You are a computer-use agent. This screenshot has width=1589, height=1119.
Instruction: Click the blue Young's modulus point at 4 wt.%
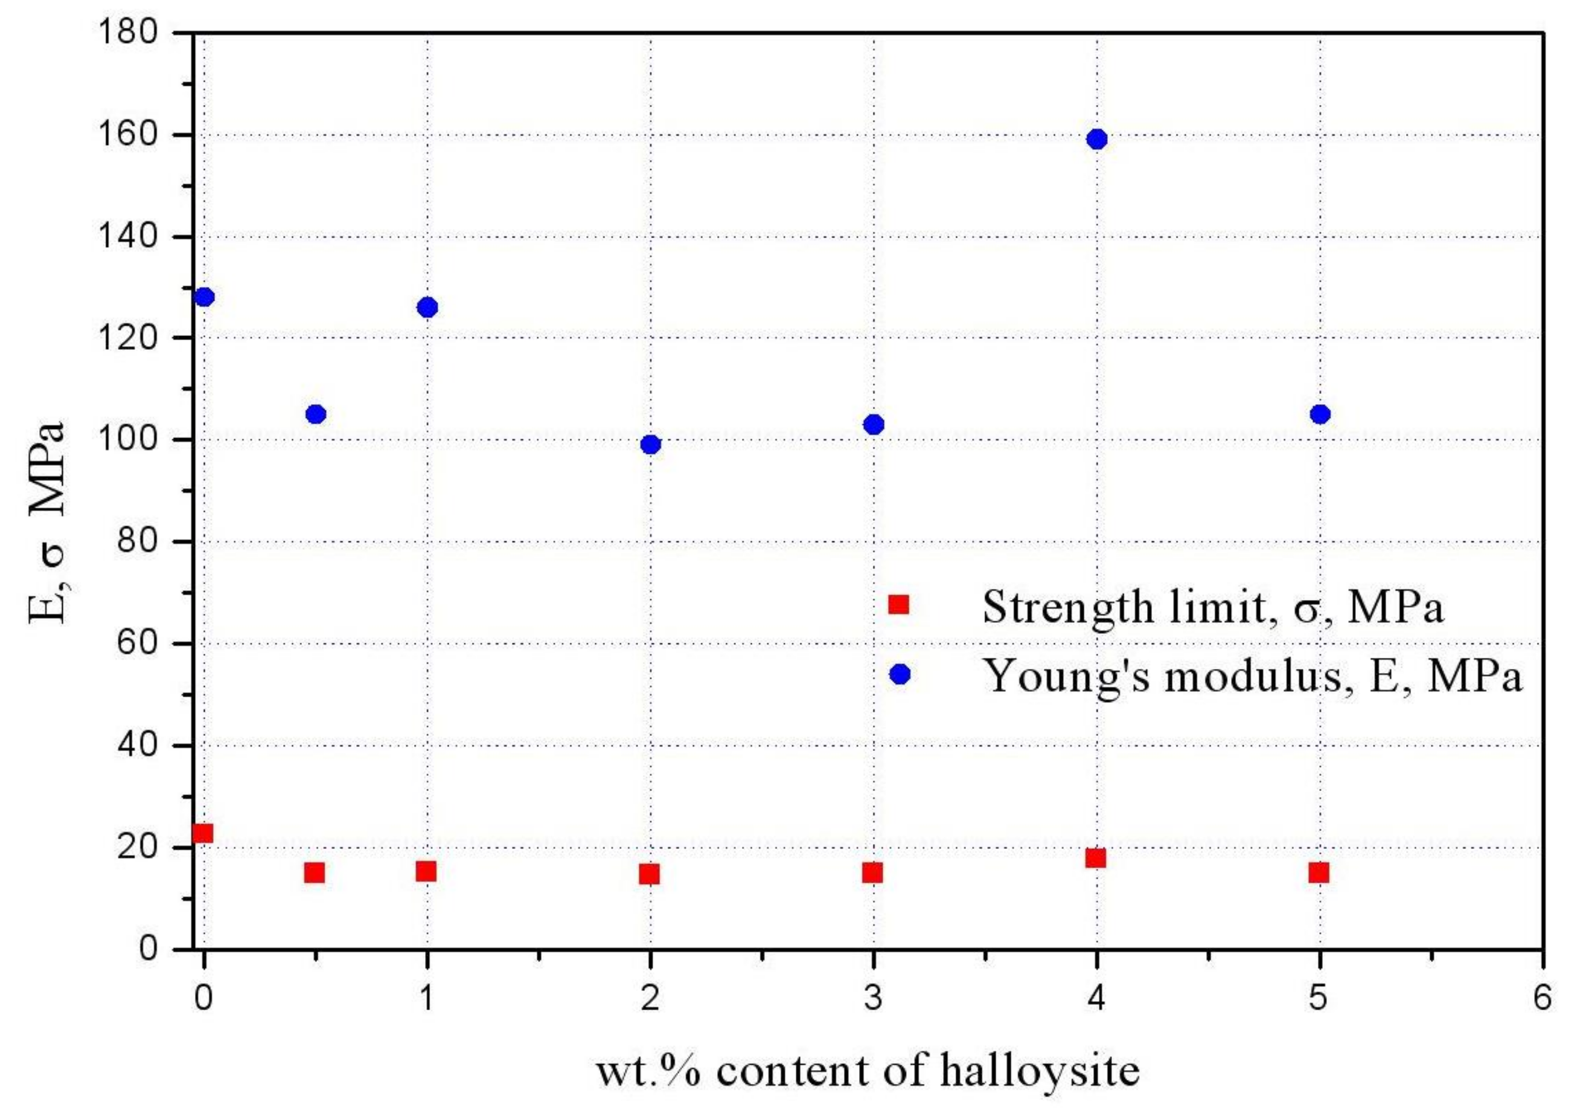(x=1097, y=139)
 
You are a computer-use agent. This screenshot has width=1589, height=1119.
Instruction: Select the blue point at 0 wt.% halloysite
(x=204, y=297)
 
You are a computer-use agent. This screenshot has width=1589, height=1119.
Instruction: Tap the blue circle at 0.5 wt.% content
(x=316, y=414)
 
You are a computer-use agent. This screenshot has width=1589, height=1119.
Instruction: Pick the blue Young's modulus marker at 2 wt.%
(x=651, y=445)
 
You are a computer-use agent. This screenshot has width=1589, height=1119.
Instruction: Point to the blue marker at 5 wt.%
(x=1320, y=414)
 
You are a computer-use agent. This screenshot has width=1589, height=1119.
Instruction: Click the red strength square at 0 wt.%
(x=203, y=833)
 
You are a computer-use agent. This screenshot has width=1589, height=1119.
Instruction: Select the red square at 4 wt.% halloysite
(x=1096, y=858)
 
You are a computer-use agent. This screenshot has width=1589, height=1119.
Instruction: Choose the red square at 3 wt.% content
(x=873, y=872)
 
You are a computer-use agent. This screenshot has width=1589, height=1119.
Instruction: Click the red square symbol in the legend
(x=898, y=604)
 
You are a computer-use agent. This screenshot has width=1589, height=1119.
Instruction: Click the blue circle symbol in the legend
(x=900, y=674)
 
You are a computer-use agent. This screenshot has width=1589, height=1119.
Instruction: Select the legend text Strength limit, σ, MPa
(x=1212, y=607)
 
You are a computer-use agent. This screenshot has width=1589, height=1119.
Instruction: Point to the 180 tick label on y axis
(x=129, y=33)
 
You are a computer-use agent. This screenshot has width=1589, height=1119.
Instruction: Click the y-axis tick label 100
(x=129, y=440)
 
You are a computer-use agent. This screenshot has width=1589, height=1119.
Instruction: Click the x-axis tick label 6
(x=1543, y=999)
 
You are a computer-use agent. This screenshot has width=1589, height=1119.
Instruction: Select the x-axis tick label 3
(x=874, y=999)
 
